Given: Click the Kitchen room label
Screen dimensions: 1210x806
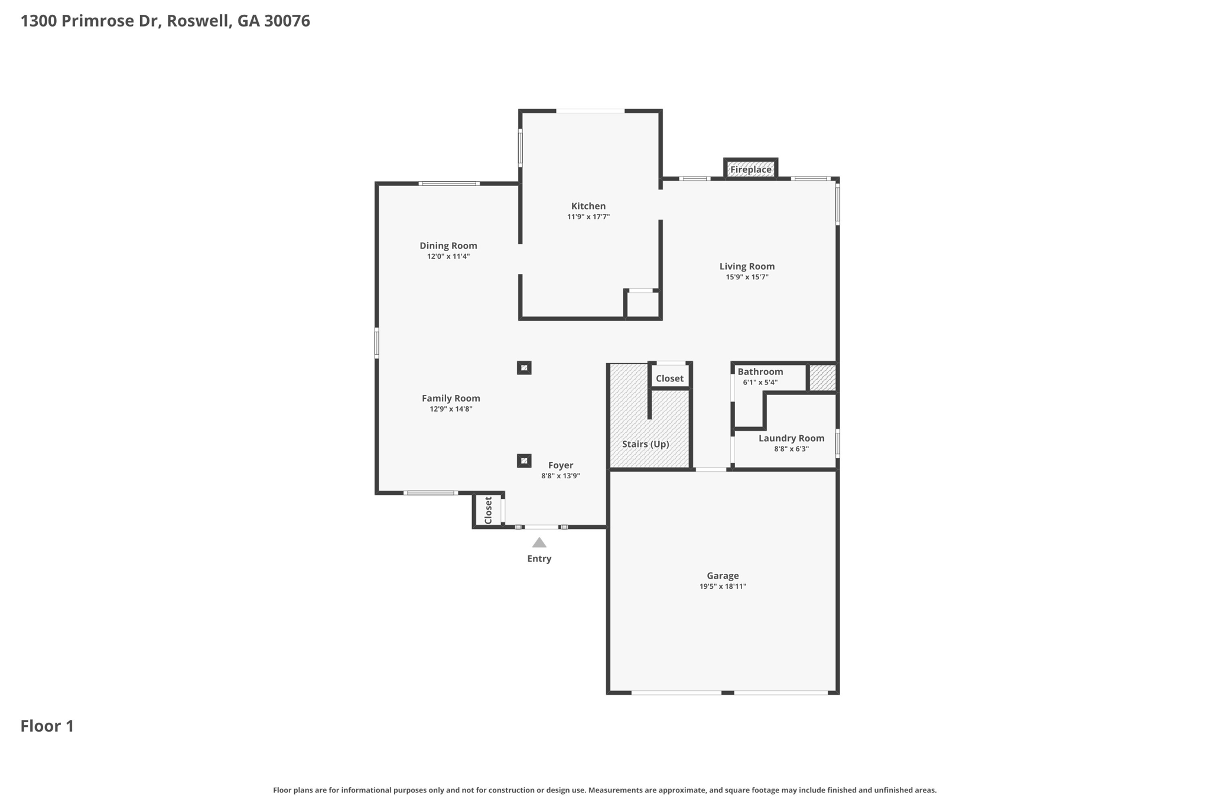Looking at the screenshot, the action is coord(588,206).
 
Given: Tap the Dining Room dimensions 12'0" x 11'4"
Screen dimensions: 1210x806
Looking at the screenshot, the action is coord(448,256).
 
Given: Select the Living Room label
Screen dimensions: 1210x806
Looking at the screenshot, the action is coord(747,266).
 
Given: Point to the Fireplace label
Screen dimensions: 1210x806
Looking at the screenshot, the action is coord(751,169).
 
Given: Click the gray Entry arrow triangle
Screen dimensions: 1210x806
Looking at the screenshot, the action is coord(539,543).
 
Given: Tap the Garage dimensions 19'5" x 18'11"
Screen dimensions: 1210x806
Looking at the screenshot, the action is coord(723,586).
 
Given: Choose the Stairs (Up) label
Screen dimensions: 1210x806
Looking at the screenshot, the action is coord(646,444).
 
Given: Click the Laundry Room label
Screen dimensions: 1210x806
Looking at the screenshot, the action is coord(791,438).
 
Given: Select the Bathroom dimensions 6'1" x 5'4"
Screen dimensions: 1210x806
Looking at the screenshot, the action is coord(760,382).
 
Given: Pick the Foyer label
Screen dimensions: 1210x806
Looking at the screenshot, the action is coord(561,465).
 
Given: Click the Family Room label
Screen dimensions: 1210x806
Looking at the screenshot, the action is coord(451,399).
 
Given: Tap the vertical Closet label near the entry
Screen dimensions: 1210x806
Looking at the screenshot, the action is coord(489,510).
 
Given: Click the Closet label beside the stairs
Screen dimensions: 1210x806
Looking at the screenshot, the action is coord(669,378).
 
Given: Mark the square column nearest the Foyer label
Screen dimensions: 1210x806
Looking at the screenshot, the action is coord(524,461).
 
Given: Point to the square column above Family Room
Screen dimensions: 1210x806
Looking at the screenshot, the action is coord(524,368).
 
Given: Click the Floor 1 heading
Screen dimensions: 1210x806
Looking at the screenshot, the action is coord(47,726).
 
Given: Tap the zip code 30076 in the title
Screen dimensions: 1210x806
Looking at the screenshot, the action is coord(287,21).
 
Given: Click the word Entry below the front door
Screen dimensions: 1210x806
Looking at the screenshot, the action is coord(539,559).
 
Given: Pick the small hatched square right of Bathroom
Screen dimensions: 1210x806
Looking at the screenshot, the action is coord(822,378).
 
